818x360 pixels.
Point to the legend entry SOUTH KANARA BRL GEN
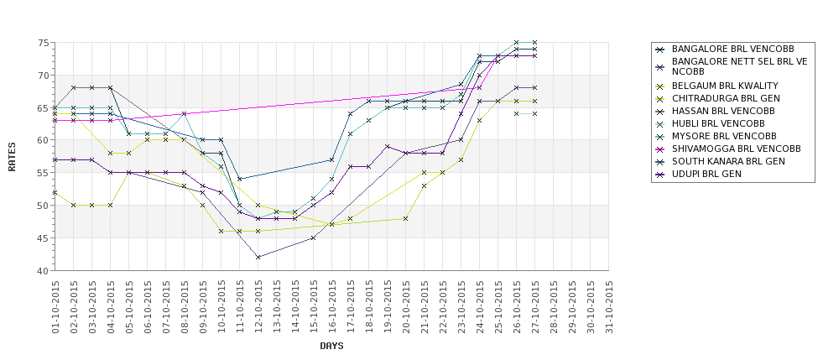[728, 161]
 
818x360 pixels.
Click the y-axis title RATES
[12, 156]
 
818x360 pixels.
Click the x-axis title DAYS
[331, 346]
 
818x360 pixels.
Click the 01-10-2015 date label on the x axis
[55, 306]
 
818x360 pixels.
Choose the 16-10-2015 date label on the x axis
[332, 306]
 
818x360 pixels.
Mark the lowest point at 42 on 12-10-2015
[258, 258]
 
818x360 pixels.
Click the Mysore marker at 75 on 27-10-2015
[535, 42]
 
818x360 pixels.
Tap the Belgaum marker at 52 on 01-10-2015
[55, 192]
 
